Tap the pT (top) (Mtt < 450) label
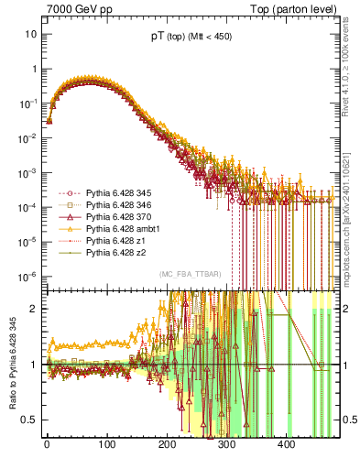(x=191, y=38)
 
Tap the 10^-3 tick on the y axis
(x=27, y=172)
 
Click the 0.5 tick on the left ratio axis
(x=27, y=420)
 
